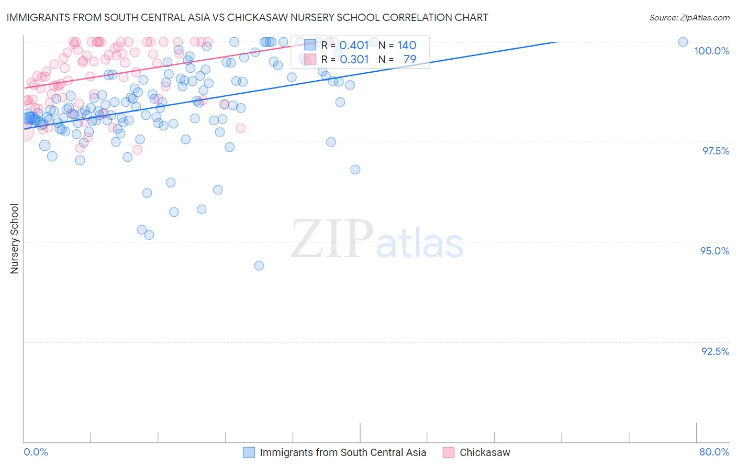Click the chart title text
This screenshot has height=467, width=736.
click(247, 17)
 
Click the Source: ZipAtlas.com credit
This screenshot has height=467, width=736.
click(689, 17)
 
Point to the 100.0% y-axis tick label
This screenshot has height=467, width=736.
click(711, 51)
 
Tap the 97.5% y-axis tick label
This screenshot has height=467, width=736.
click(716, 151)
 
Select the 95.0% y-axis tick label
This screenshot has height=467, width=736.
click(715, 251)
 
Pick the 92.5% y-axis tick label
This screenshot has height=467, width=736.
click(715, 351)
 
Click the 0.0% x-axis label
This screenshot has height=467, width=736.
click(36, 452)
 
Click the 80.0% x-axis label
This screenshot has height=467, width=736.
click(714, 452)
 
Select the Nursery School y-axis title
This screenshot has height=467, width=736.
click(14, 239)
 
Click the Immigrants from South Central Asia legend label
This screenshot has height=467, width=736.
click(343, 452)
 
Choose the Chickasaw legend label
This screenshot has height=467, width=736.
click(485, 452)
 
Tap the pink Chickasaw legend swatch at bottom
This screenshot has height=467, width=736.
click(449, 452)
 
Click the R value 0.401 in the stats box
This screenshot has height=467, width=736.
click(354, 46)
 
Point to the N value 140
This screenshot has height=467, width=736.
click(407, 46)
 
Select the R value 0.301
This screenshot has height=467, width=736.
click(354, 60)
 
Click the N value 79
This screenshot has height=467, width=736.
click(410, 60)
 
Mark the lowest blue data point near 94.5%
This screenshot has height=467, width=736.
click(259, 265)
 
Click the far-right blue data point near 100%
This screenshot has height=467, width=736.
click(683, 42)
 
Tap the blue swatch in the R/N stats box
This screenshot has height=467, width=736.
click(310, 46)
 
